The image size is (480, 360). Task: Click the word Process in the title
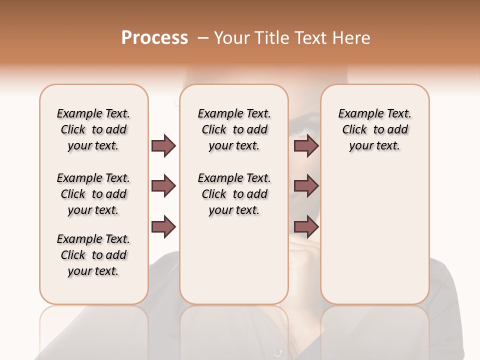(154, 38)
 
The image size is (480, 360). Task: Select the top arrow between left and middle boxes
(163, 145)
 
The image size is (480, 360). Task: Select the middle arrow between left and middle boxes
(163, 186)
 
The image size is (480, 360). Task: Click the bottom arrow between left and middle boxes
(163, 227)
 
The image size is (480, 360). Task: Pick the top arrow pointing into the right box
(306, 145)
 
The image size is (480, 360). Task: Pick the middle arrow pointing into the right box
(306, 186)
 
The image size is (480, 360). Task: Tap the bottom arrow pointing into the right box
(306, 227)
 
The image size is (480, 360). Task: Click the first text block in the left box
(93, 129)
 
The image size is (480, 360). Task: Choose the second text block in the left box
(93, 194)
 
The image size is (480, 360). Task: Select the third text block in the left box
(93, 255)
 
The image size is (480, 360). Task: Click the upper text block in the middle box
(234, 129)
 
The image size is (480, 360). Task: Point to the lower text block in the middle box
(234, 194)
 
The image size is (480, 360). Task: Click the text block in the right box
(374, 129)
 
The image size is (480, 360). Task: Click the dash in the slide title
(202, 38)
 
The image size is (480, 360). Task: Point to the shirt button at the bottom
(278, 352)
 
